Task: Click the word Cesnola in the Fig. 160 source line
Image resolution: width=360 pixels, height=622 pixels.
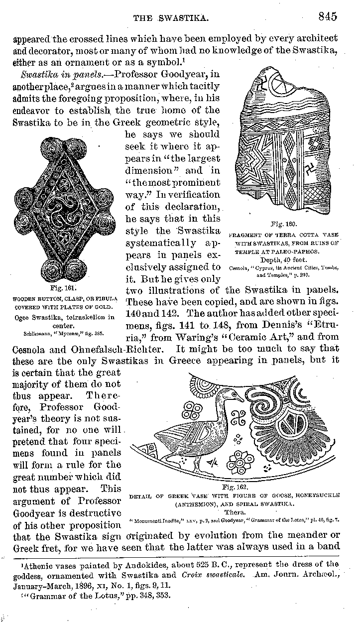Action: pyautogui.click(x=237, y=268)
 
